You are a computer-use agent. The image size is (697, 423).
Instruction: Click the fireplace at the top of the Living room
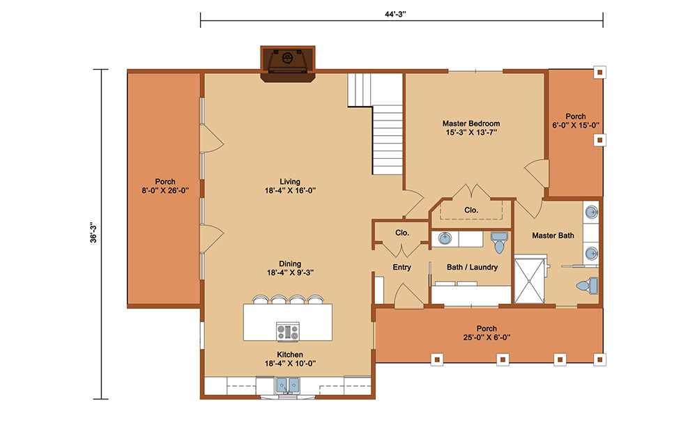point(288,63)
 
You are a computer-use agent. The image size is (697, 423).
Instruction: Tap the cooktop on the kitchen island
point(288,332)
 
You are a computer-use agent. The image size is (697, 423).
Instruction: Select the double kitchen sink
point(288,385)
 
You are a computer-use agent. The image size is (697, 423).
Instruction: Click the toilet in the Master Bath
point(587,286)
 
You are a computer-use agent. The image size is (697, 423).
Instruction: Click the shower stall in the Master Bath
point(530,279)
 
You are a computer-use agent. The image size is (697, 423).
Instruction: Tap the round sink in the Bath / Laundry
point(445,238)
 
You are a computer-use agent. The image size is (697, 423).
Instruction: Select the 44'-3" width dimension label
point(395,14)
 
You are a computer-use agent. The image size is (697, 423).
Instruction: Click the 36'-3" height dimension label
point(93,232)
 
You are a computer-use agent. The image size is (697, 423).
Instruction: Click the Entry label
point(402,267)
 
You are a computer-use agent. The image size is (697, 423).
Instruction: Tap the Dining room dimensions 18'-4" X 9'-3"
point(290,272)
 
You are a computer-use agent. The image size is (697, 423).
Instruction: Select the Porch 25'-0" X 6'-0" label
point(487,333)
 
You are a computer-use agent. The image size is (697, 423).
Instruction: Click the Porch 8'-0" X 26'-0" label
point(165,186)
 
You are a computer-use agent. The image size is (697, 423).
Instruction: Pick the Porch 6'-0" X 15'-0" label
point(576,121)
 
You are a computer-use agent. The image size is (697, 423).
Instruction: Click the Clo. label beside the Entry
point(402,233)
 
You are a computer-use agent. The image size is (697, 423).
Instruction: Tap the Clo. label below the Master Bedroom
point(471,210)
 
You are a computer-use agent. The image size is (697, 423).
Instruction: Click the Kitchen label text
point(290,355)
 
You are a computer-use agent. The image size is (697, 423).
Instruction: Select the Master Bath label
point(553,236)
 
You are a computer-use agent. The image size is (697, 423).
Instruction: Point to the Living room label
point(290,182)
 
